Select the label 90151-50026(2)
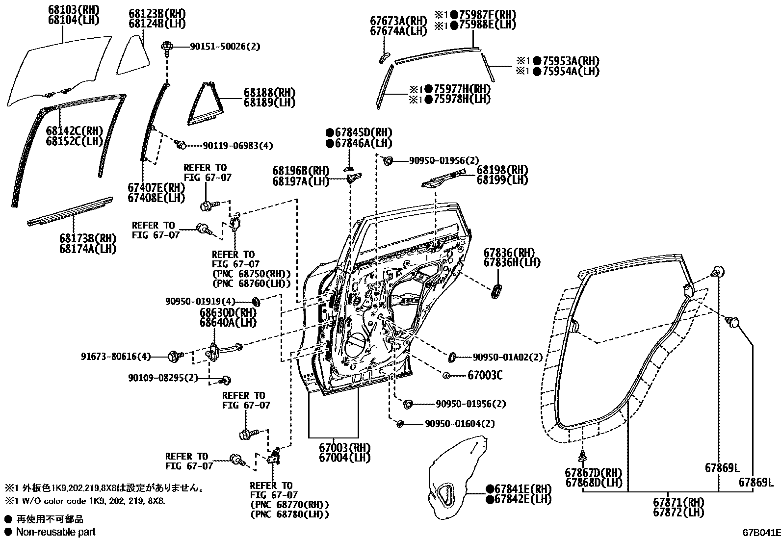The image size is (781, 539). (x=225, y=47)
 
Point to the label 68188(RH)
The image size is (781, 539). (x=269, y=93)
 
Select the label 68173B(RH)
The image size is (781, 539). (x=88, y=239)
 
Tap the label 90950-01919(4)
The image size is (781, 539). (x=200, y=301)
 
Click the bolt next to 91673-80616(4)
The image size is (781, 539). (x=174, y=356)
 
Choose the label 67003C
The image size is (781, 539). (x=485, y=376)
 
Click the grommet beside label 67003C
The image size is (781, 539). (x=447, y=376)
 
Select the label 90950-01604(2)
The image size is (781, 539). (x=460, y=424)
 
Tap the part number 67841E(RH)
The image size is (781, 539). (x=522, y=489)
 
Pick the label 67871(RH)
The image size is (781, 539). (x=678, y=503)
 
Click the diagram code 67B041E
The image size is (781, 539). (x=760, y=532)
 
